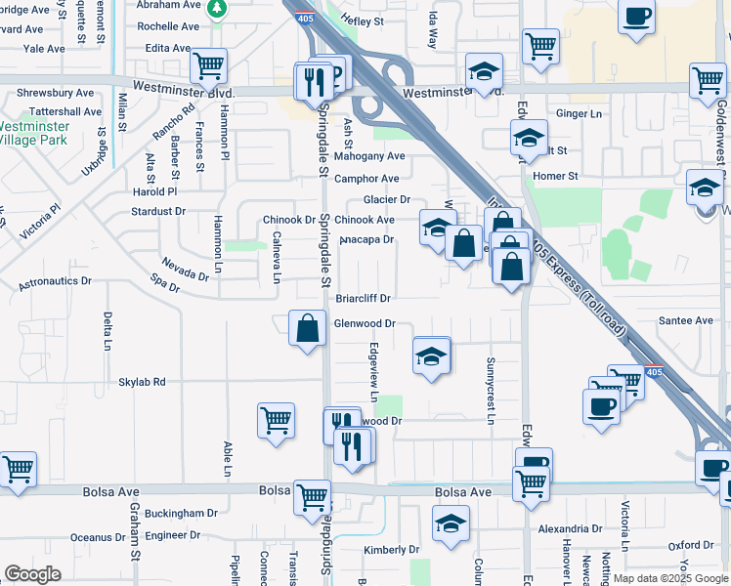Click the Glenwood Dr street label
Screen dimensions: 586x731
coord(365,323)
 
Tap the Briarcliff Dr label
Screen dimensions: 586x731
coord(364,298)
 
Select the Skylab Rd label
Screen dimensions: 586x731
coord(143,382)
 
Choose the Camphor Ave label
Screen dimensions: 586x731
coord(366,179)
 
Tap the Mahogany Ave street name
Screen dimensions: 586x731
coord(368,156)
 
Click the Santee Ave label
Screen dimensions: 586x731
coord(686,320)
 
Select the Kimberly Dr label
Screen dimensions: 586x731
coord(391,550)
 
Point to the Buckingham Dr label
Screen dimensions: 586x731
coord(181,513)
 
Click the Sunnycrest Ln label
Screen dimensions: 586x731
coord(491,390)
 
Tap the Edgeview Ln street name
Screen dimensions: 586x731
coord(373,372)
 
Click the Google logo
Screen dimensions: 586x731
coord(32,574)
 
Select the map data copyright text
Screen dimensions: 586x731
coord(671,578)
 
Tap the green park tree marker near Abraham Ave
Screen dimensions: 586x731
coord(219,10)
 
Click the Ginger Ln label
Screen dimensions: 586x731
coord(580,114)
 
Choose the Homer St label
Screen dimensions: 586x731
coord(561,176)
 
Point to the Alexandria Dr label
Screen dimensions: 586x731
coord(569,527)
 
